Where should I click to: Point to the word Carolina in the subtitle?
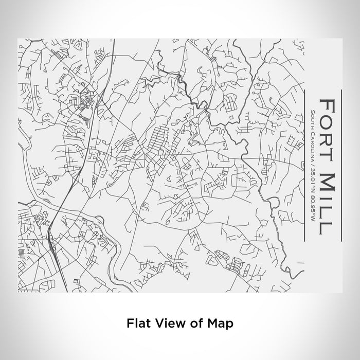[313, 143]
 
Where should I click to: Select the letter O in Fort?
[327, 120]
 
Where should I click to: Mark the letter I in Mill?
[327, 197]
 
